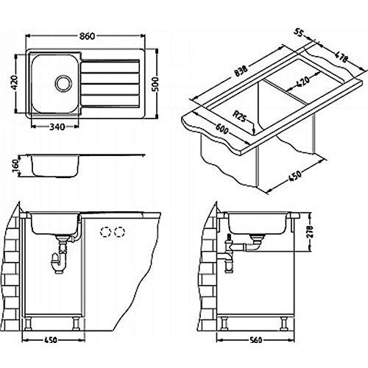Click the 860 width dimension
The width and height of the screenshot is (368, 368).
tap(87, 36)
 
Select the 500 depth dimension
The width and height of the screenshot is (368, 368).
tap(155, 84)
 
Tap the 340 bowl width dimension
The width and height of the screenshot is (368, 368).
tap(57, 127)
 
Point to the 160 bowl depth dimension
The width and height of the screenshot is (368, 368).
tap(15, 166)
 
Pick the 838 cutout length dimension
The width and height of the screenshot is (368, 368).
tap(241, 71)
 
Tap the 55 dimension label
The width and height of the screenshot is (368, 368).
tap(299, 33)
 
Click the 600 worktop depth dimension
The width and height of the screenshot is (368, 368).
tap(222, 128)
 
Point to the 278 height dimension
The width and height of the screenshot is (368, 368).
tap(310, 232)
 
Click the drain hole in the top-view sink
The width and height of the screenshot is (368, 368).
tap(63, 82)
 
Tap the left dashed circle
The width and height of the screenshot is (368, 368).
tap(105, 232)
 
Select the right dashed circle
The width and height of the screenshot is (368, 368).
tap(119, 232)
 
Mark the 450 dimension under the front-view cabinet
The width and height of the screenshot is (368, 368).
tap(51, 340)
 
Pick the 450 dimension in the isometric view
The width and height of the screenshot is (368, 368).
tap(294, 176)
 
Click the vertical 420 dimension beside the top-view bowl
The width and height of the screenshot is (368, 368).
tap(15, 82)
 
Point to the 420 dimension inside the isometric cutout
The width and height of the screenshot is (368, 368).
tap(303, 82)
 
